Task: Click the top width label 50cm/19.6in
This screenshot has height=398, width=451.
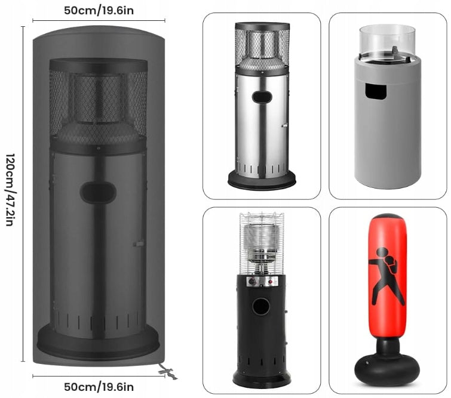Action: pyautogui.click(x=99, y=11)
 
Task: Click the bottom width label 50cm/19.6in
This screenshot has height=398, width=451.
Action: pyautogui.click(x=99, y=387)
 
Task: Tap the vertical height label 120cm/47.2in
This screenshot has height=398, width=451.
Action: pyautogui.click(x=10, y=190)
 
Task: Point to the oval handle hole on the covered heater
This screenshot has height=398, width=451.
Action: pyautogui.click(x=98, y=193)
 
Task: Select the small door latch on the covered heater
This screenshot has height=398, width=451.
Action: pyautogui.click(x=139, y=244)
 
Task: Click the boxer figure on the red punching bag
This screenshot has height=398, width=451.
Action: pyautogui.click(x=385, y=276)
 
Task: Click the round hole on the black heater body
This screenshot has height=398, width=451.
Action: pyautogui.click(x=261, y=306)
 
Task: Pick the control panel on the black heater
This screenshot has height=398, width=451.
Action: pyautogui.click(x=262, y=281)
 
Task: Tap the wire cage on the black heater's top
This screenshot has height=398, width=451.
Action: pyautogui.click(x=262, y=243)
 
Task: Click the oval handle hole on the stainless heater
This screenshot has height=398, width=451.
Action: pyautogui.click(x=262, y=97)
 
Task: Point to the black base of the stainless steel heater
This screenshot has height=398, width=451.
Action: pyautogui.click(x=262, y=180)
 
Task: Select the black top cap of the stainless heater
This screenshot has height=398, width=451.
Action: pyautogui.click(x=262, y=27)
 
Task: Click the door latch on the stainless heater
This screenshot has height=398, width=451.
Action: pyautogui.click(x=284, y=125)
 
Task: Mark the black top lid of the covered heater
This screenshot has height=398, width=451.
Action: pyautogui.click(x=99, y=66)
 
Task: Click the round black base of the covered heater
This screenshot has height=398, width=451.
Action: pyautogui.click(x=98, y=342)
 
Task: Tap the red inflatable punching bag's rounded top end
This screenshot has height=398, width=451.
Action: pyautogui.click(x=388, y=219)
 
